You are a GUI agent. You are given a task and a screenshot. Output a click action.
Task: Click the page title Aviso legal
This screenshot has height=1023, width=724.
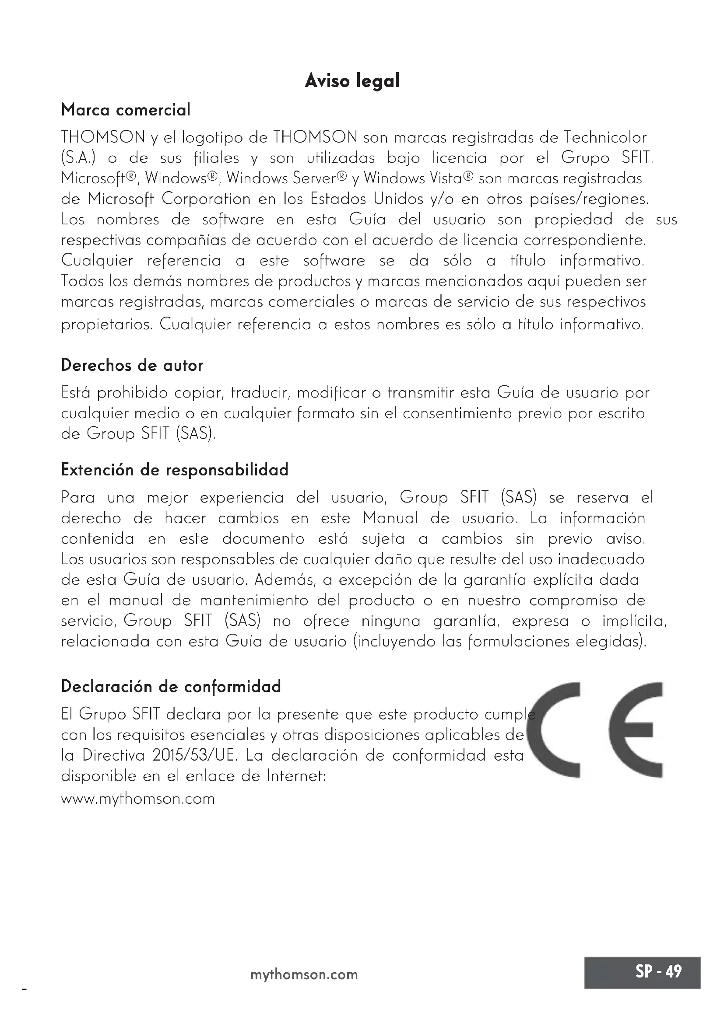352,81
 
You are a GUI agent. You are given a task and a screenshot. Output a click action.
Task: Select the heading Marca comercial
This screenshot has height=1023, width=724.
126,110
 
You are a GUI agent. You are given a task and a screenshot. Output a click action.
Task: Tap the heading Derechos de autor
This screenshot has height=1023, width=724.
132,365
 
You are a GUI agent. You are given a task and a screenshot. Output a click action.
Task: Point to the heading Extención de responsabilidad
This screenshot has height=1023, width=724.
175,470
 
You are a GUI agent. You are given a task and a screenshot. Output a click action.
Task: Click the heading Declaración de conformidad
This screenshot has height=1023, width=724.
171,686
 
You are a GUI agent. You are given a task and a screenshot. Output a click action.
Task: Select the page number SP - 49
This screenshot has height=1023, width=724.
658,971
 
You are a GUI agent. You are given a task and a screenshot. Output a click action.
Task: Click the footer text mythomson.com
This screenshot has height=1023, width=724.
304,974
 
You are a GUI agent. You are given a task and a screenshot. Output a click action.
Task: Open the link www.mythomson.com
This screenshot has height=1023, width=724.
138,799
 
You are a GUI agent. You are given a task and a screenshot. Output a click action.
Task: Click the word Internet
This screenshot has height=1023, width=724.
296,776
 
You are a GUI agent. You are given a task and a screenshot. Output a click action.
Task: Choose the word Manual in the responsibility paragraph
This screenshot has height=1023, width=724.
390,518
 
